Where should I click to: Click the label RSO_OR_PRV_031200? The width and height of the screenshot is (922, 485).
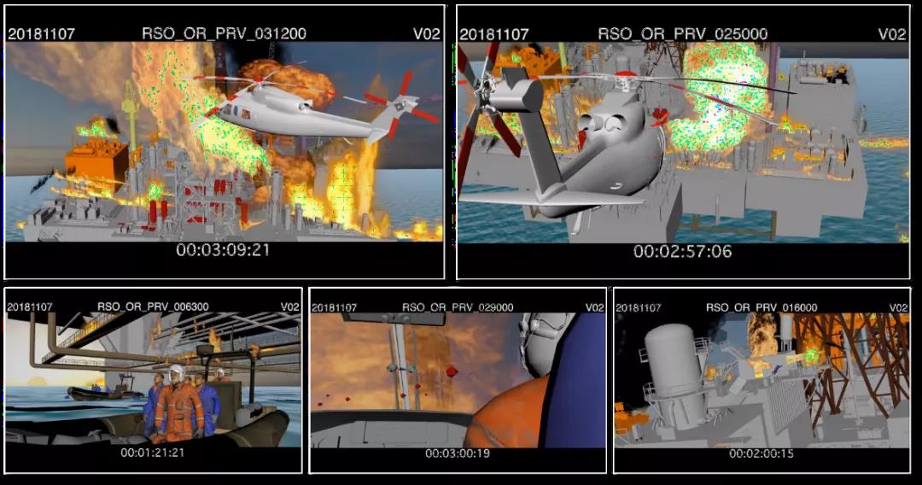[x=224, y=33]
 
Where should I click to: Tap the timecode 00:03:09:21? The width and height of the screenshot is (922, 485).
[x=223, y=250]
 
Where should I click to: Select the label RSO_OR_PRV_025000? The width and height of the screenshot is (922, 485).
[x=683, y=34]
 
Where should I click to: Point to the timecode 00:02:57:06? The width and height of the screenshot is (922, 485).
[x=683, y=252]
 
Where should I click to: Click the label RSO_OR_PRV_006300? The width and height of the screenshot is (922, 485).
[x=153, y=307]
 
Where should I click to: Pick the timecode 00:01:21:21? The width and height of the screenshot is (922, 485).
[x=152, y=453]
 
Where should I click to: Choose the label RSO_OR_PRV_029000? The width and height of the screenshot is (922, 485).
[x=458, y=307]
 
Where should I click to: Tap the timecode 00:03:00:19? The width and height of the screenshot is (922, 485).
[x=458, y=453]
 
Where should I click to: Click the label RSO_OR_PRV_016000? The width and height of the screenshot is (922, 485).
[x=762, y=307]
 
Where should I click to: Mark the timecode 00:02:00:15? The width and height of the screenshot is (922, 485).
[x=762, y=453]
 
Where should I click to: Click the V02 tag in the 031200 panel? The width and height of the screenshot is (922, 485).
[x=426, y=33]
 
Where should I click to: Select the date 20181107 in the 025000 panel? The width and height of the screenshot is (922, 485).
[x=494, y=34]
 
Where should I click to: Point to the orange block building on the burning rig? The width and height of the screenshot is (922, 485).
[x=96, y=161]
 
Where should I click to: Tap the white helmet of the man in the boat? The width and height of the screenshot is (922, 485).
[x=176, y=372]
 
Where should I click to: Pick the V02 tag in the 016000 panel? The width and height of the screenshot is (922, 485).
[x=898, y=307]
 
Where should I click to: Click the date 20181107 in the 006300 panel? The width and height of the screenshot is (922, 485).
[x=29, y=307]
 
